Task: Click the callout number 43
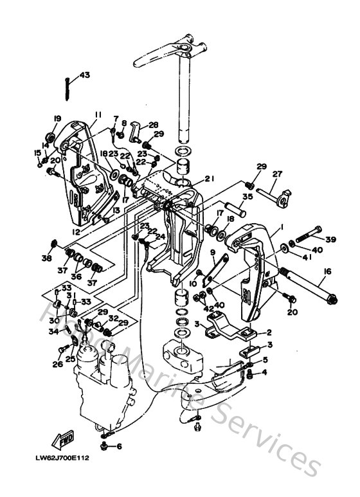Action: coord(85,75)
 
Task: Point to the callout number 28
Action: coord(153,125)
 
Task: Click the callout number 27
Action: coord(277,174)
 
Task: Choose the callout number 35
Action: coord(248,197)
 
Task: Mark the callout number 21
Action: coord(209,179)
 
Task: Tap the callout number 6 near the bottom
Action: coord(119,446)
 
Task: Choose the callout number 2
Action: coord(268,332)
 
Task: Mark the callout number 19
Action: coord(57,118)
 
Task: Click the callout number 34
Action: coord(54,331)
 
